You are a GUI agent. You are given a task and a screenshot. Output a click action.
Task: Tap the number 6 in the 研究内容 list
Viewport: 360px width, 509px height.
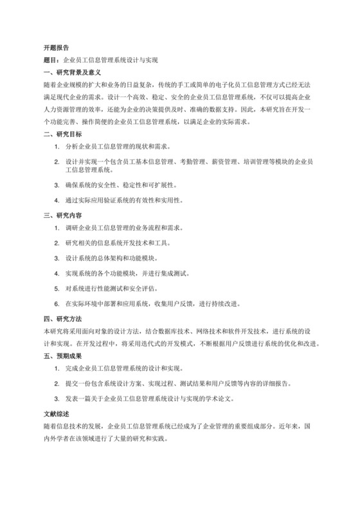(57, 304)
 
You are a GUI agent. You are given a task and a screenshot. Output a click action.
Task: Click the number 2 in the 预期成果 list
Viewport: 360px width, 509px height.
(57, 384)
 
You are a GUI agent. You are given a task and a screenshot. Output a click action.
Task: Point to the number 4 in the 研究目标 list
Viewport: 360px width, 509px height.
(57, 201)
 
